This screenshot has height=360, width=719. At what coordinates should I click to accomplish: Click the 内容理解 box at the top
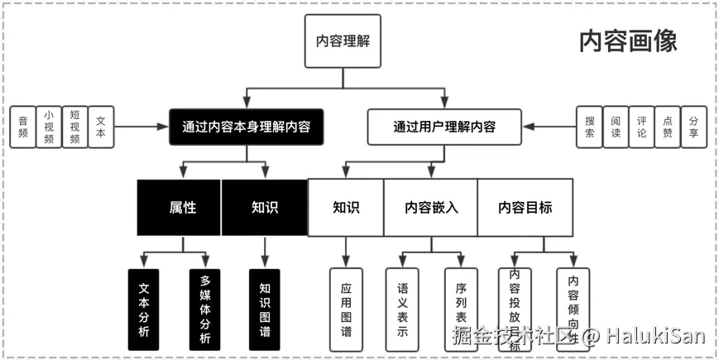(x=343, y=41)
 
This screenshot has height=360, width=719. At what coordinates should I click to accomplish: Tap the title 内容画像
(x=628, y=41)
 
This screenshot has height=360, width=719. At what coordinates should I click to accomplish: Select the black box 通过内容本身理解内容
(x=246, y=127)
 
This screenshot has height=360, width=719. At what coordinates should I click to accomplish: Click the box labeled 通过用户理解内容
(x=444, y=127)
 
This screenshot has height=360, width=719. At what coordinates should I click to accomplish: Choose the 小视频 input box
(x=48, y=127)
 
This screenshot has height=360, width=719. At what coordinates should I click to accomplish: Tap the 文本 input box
(x=100, y=127)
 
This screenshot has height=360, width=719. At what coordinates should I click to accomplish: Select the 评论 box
(x=641, y=127)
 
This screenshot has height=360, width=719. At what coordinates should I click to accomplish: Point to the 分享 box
(x=693, y=127)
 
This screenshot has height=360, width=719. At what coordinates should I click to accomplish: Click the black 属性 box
(x=179, y=207)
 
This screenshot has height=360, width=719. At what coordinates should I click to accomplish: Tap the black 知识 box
(x=264, y=207)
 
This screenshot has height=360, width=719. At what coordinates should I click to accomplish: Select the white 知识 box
(x=345, y=207)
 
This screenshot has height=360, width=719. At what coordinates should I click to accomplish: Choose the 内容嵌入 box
(x=430, y=207)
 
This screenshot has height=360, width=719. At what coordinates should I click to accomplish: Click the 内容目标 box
(x=525, y=207)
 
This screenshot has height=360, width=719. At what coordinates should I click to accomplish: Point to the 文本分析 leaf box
(x=144, y=308)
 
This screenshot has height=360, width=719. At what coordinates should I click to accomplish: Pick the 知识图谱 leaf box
(x=265, y=308)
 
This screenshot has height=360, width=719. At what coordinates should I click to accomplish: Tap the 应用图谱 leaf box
(x=346, y=308)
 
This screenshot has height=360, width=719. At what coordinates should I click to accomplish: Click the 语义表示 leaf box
(x=403, y=308)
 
